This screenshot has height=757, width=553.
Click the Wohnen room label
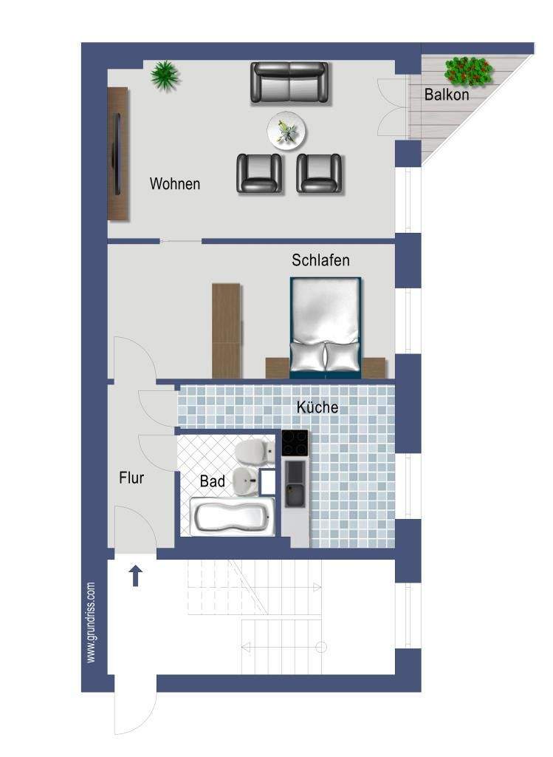tap(174, 184)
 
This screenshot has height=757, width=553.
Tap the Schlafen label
tap(320, 260)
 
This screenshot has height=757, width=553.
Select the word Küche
tap(317, 407)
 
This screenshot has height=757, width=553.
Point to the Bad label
tap(213, 481)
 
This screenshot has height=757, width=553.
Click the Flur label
tap(131, 478)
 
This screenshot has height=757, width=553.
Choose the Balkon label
tap(447, 95)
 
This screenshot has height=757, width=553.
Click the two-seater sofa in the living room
tap(289, 82)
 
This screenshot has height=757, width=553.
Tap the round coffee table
tap(287, 132)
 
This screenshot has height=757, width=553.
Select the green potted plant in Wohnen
tap(165, 75)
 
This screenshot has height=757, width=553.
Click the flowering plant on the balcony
tap(469, 71)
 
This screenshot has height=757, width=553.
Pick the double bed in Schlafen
tap(326, 327)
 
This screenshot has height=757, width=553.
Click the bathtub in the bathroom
tap(233, 517)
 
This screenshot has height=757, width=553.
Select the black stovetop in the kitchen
tap(295, 444)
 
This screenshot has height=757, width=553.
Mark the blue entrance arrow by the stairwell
tap(136, 576)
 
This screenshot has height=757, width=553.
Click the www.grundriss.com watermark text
tap(91, 622)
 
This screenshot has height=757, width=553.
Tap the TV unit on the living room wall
tap(118, 154)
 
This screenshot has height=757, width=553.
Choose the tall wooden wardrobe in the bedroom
tap(226, 330)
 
